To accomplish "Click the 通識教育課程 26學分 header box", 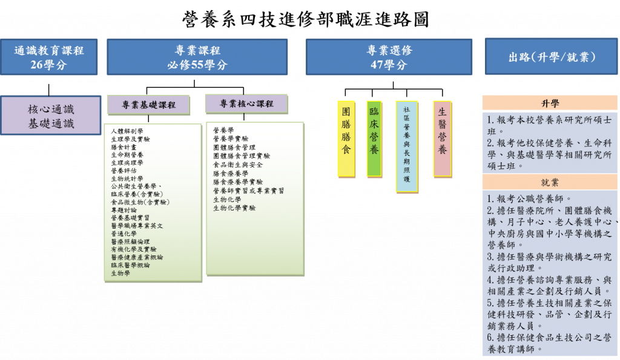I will [x=49, y=57].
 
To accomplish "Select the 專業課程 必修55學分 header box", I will [x=197, y=57].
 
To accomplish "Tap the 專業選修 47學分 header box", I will [x=389, y=57].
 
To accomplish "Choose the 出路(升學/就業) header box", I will [x=551, y=57].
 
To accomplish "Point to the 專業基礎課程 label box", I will [x=148, y=105].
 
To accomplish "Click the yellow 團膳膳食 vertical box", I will [x=346, y=139].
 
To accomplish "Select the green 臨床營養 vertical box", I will [x=374, y=139].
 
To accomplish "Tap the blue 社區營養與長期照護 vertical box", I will [x=406, y=146].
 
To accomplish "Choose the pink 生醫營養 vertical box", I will [x=442, y=139].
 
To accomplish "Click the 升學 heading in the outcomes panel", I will [x=550, y=103].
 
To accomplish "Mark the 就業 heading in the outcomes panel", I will [x=550, y=182].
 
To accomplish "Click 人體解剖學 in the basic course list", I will [x=127, y=131].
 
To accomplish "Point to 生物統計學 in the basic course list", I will [x=127, y=178].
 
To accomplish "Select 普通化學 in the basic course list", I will [x=124, y=234].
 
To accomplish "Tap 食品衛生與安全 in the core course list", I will [x=238, y=165].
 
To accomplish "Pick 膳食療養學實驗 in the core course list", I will [x=238, y=182].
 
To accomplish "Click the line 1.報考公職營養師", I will [x=529, y=198].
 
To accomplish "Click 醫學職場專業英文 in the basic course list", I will [x=137, y=226].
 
